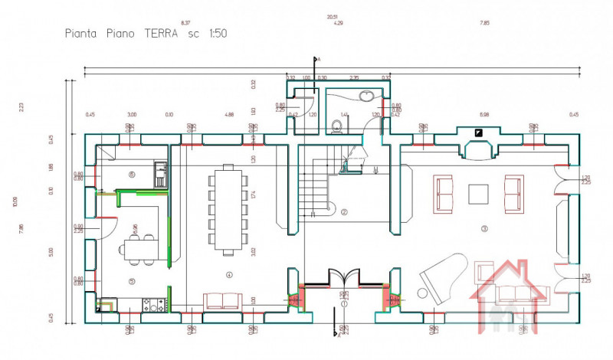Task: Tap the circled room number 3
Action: point(484,228)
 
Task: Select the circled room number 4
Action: point(228,274)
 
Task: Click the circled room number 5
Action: point(132,281)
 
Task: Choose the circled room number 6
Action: point(132,175)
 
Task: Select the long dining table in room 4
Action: point(228,211)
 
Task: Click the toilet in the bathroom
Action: point(336,125)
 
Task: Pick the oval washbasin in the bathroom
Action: point(367,97)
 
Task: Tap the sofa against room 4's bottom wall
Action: point(222,301)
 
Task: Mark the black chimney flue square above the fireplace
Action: point(479,133)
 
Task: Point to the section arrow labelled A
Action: point(316,60)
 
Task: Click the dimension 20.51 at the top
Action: point(332,15)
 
